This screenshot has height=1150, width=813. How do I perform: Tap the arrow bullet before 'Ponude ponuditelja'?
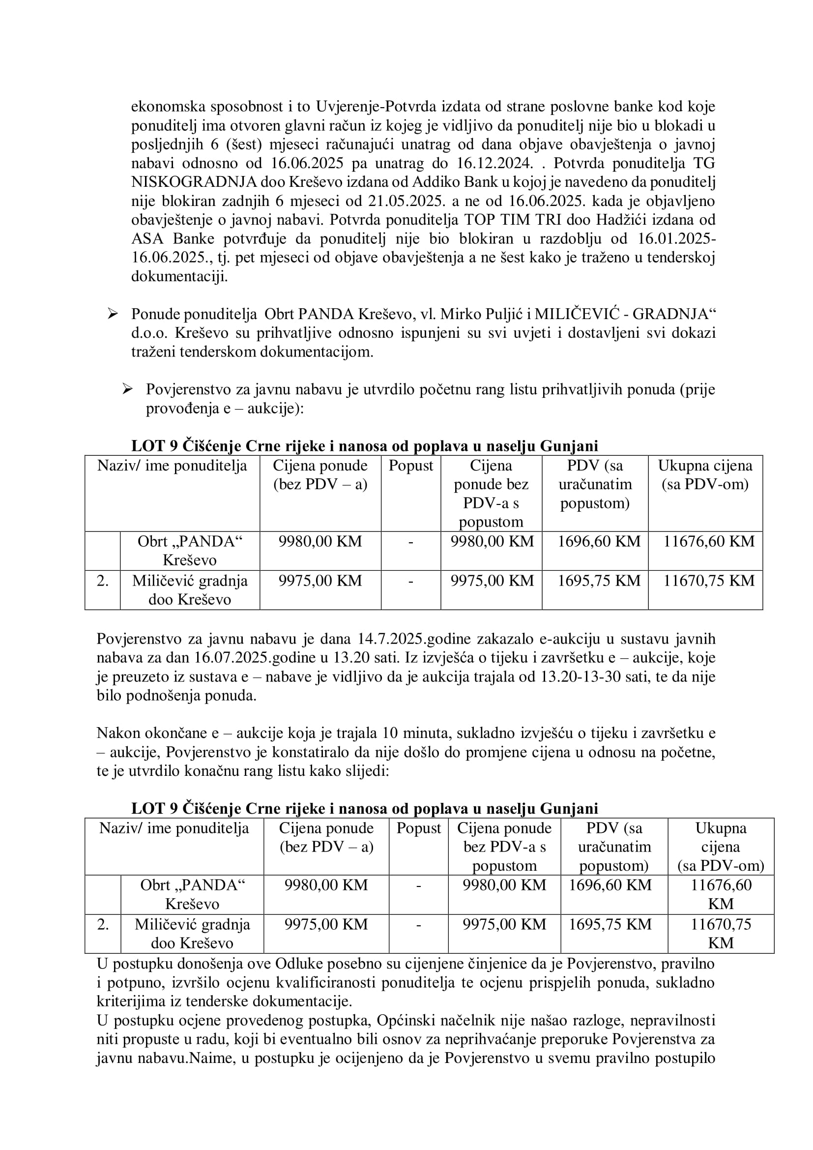click(x=112, y=314)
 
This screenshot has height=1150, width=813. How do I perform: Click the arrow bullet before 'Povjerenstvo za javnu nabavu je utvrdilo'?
click(x=127, y=389)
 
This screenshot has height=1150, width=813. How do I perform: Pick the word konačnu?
click(x=214, y=771)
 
